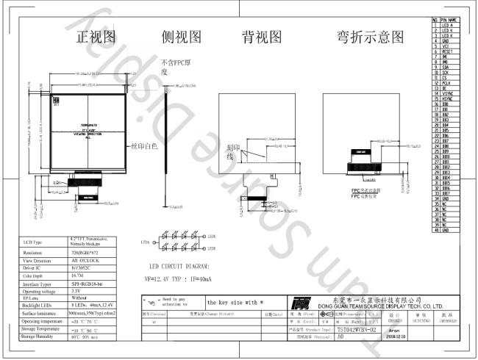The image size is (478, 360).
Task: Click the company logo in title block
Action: point(299,303)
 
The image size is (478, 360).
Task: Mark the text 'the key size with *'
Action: point(234,302)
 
